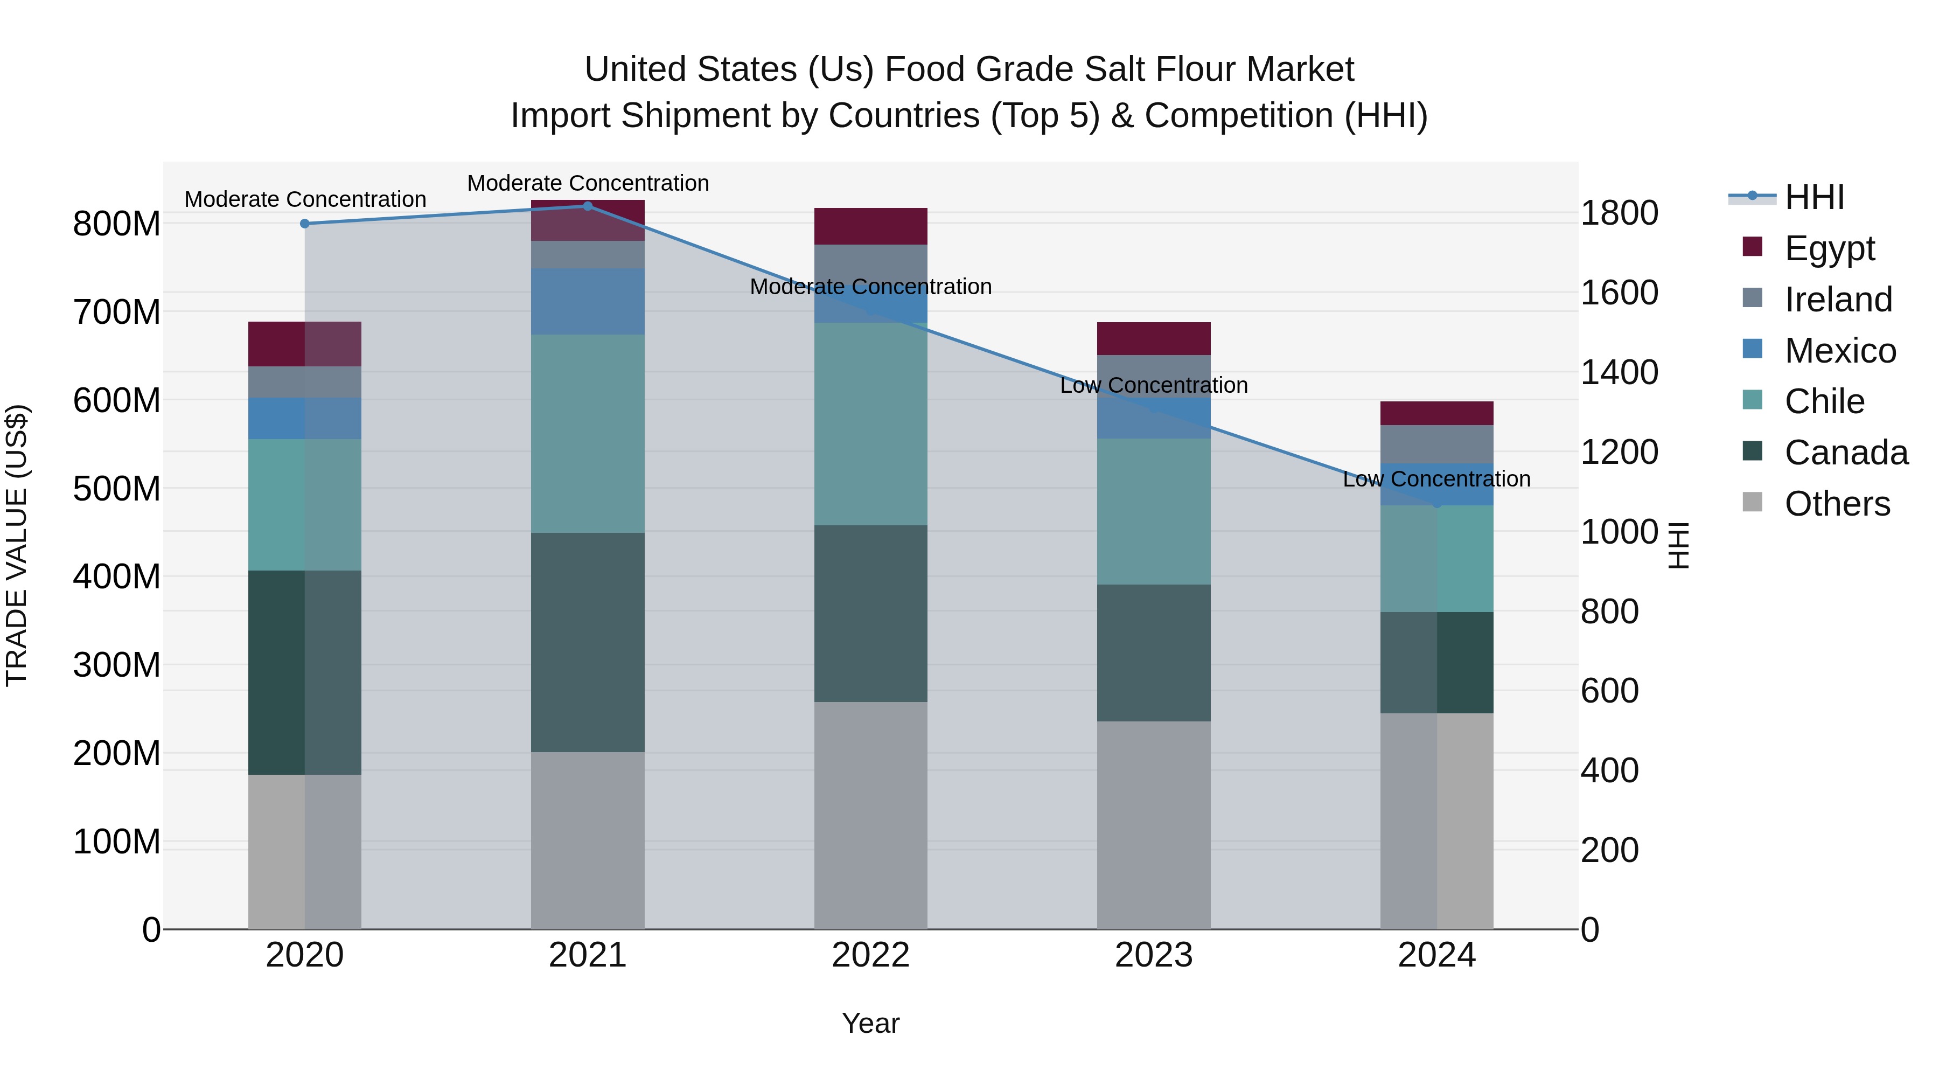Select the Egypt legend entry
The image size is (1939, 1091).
point(1829,248)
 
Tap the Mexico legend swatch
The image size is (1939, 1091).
point(1752,349)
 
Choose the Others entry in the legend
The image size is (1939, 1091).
point(1837,504)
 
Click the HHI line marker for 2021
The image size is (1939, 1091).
point(588,206)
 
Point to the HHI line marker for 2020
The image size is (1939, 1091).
point(305,224)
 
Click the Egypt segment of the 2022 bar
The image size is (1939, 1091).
point(871,226)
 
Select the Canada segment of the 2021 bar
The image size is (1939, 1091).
point(588,642)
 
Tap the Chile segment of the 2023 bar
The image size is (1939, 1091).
point(1154,511)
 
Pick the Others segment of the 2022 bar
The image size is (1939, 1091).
point(871,816)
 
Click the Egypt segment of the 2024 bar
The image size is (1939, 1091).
point(1437,413)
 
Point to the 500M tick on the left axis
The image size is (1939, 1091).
point(117,489)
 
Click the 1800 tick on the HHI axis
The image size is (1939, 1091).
point(1619,213)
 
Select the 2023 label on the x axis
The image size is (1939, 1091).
point(1154,955)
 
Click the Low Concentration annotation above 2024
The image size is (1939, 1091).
point(1437,479)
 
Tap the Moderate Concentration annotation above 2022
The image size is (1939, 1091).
point(871,287)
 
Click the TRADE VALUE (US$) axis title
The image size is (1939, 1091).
point(17,545)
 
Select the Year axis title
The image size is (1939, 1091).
point(871,1023)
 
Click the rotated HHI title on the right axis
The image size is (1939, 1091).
point(1678,545)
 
